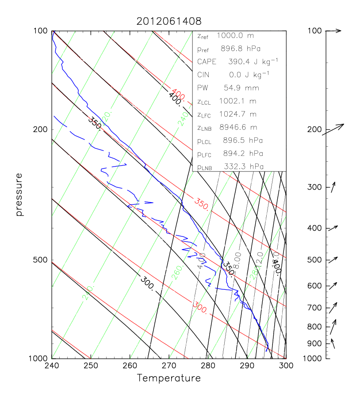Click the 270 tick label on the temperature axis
point(169,366)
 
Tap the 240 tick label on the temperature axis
point(52,366)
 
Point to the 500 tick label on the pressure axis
point(41,260)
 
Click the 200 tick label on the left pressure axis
point(41,129)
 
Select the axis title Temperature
point(169,379)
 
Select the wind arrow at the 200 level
point(333,129)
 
